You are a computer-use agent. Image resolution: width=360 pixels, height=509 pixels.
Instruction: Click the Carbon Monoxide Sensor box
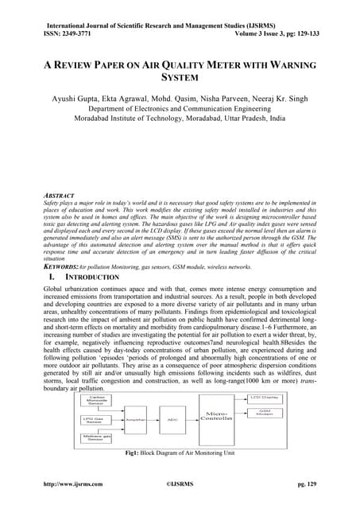96,399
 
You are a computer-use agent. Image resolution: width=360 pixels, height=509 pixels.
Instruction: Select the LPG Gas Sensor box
96,419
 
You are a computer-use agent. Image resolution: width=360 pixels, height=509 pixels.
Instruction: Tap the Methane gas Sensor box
96,438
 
